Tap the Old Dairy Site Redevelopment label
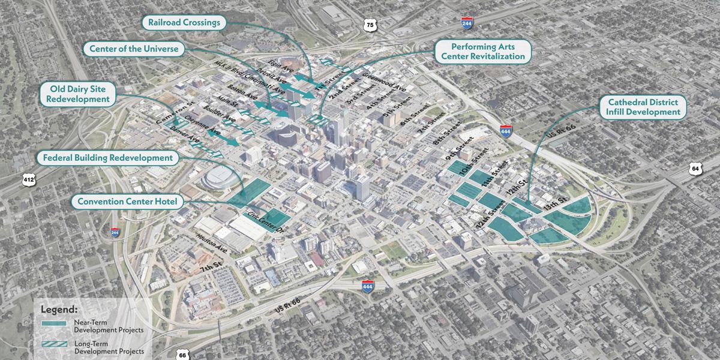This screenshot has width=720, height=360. coord(79,93)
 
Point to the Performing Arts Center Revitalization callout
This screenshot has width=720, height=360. coord(483,52)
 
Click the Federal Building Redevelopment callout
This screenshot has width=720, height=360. coord(108,158)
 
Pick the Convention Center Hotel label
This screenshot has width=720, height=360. coord(127,202)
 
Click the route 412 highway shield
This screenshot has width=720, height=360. coord(29,179)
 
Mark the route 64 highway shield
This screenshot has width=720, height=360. coord(695,169)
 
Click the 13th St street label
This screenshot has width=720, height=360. coord(554,201)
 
